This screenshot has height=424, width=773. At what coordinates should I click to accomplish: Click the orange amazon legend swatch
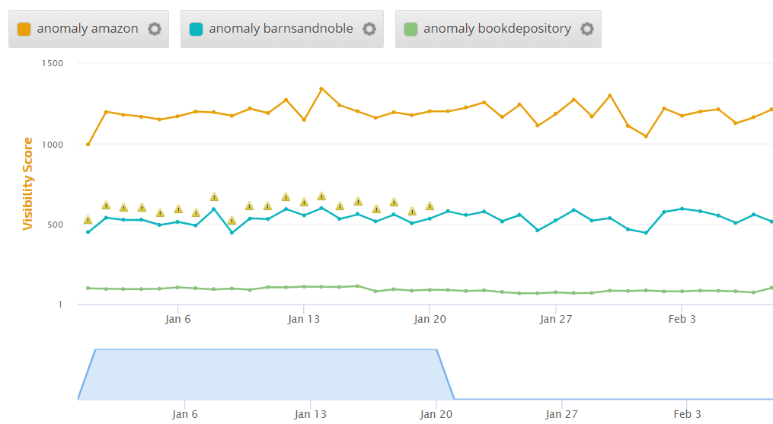click(24, 29)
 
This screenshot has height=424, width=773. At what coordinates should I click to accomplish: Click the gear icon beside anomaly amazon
click(155, 29)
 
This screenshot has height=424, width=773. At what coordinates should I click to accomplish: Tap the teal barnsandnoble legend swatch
click(196, 29)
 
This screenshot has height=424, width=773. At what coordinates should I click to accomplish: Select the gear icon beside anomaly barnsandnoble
click(369, 29)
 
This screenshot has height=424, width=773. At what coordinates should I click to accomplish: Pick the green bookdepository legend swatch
click(410, 29)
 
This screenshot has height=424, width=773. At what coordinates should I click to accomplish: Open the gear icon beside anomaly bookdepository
click(587, 29)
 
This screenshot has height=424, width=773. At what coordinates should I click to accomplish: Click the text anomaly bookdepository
click(497, 29)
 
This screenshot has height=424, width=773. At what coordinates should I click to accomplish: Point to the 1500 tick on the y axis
click(53, 63)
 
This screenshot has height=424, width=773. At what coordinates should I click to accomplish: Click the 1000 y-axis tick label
click(53, 144)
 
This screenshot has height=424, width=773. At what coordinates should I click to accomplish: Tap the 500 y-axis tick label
click(55, 225)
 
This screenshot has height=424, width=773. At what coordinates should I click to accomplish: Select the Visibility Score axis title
click(28, 183)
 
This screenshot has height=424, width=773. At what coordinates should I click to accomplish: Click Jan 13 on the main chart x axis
click(304, 319)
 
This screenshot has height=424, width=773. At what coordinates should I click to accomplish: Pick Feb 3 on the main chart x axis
click(682, 319)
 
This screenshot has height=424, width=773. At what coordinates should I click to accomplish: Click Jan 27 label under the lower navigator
click(561, 414)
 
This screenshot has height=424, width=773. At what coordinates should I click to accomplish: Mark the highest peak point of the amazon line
click(321, 88)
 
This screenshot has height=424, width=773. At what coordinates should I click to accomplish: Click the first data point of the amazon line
click(88, 145)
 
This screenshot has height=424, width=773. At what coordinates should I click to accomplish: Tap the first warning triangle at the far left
click(88, 220)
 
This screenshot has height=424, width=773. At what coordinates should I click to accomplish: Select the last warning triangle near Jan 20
click(430, 206)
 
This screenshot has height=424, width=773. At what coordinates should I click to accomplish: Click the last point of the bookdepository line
click(771, 288)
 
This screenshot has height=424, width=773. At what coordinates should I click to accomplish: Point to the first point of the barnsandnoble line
click(88, 232)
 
